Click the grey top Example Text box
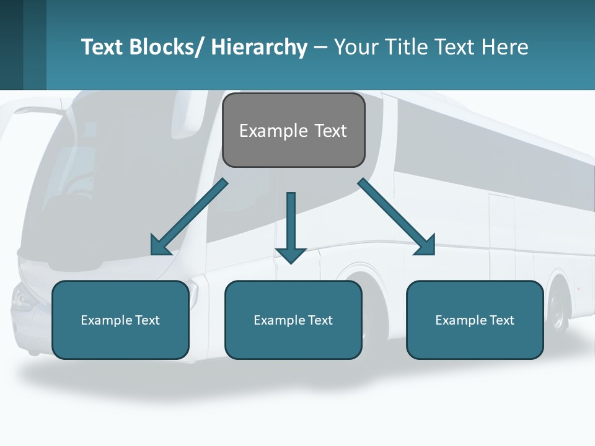pyautogui.click(x=293, y=130)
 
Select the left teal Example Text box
pyautogui.click(x=120, y=320)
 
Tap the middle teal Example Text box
pyautogui.click(x=293, y=320)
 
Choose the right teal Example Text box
pyautogui.click(x=475, y=320)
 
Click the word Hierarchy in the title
pyautogui.click(x=259, y=47)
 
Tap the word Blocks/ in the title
pyautogui.click(x=165, y=47)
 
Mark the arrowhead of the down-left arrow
pyautogui.click(x=159, y=246)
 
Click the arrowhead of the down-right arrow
pyautogui.click(x=426, y=246)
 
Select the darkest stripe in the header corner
pyautogui.click(x=11, y=45)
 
